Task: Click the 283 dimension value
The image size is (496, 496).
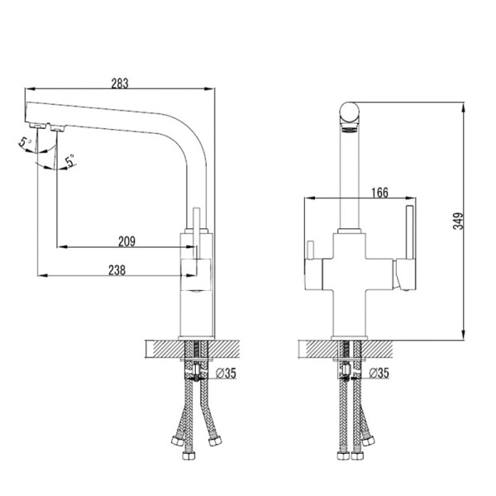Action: pyautogui.click(x=121, y=83)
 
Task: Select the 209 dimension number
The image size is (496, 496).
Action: pyautogui.click(x=126, y=241)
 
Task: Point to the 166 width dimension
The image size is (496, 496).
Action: pyautogui.click(x=379, y=193)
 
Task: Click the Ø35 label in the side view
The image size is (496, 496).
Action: pyautogui.click(x=226, y=373)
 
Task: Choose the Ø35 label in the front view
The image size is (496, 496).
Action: pyautogui.click(x=379, y=373)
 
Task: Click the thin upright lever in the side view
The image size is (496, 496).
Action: pyautogui.click(x=197, y=231)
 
